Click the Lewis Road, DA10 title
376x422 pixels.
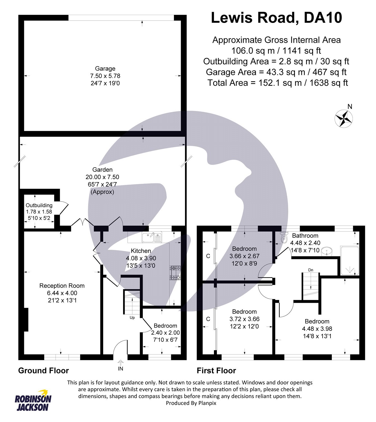click(276, 18)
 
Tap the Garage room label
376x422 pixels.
click(105, 69)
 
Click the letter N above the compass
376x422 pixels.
click(350, 107)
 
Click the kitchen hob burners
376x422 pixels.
click(175, 273)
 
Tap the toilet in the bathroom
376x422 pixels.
click(284, 238)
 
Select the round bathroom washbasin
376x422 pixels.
click(327, 252)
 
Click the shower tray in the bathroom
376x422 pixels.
click(350, 261)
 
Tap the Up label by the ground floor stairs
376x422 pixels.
click(132, 318)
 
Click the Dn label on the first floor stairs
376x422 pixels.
click(311, 270)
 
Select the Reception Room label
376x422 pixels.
click(62, 286)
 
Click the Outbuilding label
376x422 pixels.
click(39, 205)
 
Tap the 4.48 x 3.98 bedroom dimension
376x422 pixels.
click(317, 329)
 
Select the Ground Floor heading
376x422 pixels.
click(43, 371)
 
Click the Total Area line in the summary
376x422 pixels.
click(278, 83)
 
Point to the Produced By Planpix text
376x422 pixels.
click(191, 403)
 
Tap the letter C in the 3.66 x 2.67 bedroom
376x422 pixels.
click(208, 256)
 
